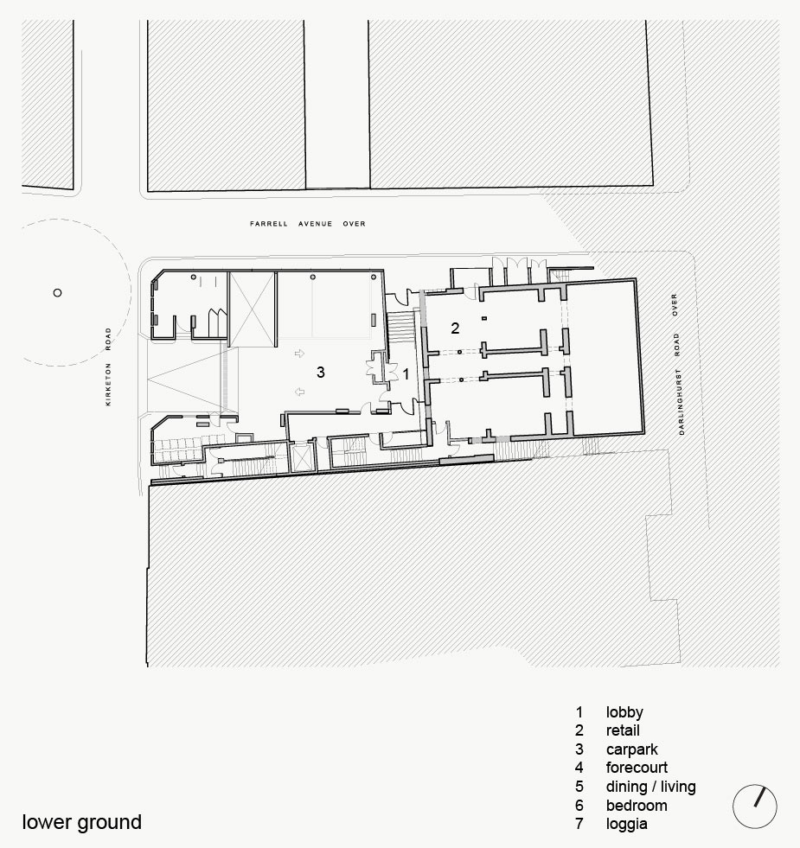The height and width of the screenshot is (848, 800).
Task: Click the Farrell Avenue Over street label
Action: coord(307,223)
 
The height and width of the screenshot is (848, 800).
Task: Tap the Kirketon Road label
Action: coord(108,367)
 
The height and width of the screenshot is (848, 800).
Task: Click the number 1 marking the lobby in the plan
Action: coord(406,373)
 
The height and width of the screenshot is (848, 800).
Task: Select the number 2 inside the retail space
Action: coord(455,328)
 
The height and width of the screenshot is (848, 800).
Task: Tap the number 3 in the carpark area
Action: coord(321,372)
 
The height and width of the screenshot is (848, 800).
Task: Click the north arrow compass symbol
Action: coord(754,806)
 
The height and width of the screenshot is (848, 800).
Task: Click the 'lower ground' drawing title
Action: coord(82,822)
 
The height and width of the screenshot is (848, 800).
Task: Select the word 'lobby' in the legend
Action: coord(624,712)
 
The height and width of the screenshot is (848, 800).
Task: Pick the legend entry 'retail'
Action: coord(623,730)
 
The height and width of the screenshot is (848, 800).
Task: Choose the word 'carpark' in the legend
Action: coord(632,749)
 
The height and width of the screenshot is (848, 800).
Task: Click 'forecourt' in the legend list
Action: coord(637,768)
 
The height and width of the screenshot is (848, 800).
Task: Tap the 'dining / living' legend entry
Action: coord(651,787)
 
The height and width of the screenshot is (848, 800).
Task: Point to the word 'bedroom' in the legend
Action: coord(637,806)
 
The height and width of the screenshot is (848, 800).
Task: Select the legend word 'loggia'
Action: coord(627,824)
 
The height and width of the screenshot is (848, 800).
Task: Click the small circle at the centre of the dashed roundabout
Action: coord(57,292)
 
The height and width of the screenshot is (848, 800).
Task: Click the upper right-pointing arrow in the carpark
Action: coord(299,354)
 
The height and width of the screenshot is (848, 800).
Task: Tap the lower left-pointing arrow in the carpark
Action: coord(299,392)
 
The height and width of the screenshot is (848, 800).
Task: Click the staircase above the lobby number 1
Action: coord(401,327)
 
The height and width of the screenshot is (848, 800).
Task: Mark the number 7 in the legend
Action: coord(579,824)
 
